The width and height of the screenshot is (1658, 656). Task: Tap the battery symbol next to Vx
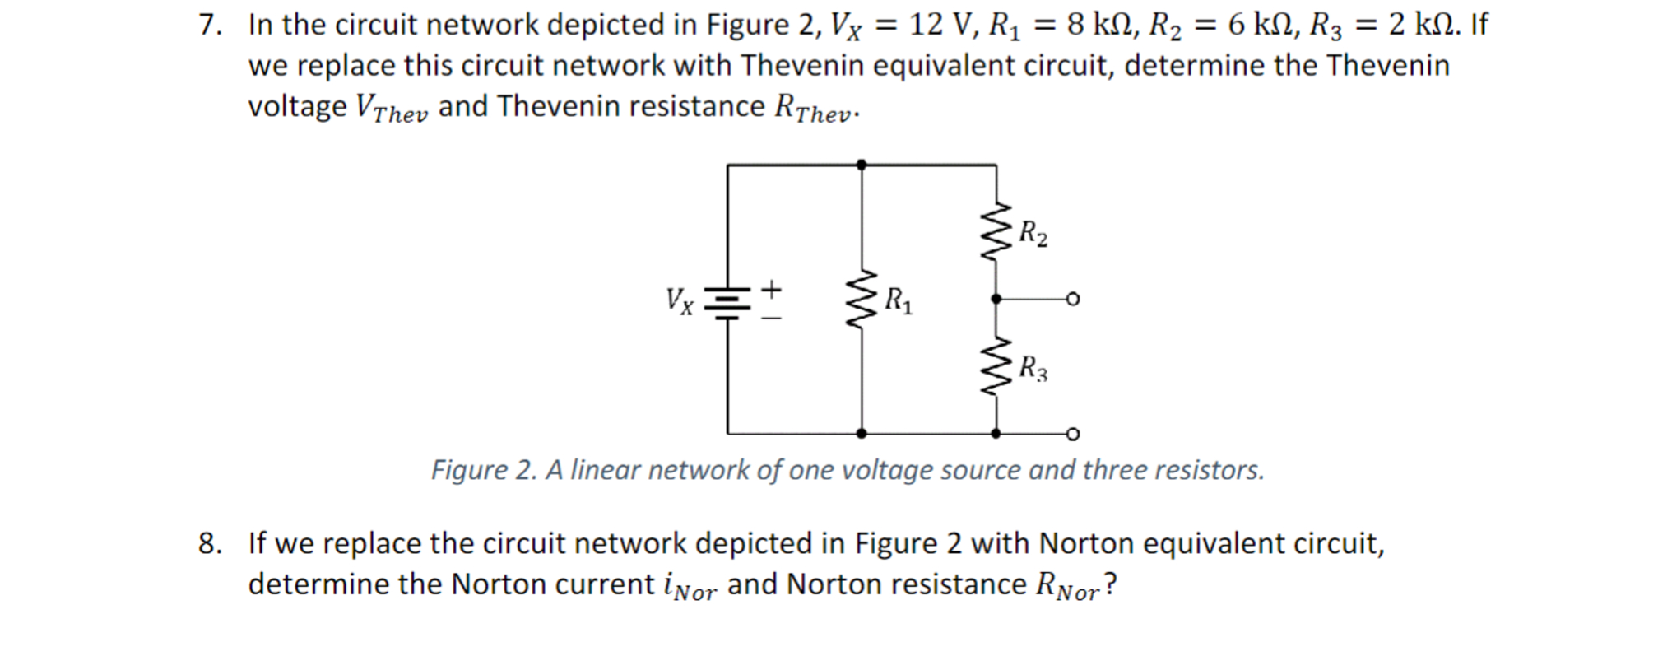(x=727, y=301)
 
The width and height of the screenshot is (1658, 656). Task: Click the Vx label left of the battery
(x=680, y=300)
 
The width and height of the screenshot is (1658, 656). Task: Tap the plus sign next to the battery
(x=771, y=289)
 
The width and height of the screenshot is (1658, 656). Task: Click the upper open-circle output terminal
(x=1072, y=299)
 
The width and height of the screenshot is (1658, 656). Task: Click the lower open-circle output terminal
(x=1072, y=434)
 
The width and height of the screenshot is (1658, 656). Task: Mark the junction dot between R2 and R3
(x=996, y=299)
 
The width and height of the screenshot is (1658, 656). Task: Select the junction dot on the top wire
(x=862, y=165)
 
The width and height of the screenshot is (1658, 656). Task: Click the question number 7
(x=210, y=26)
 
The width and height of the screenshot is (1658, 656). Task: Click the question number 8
(x=210, y=544)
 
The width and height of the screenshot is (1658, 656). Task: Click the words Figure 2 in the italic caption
(x=482, y=470)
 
